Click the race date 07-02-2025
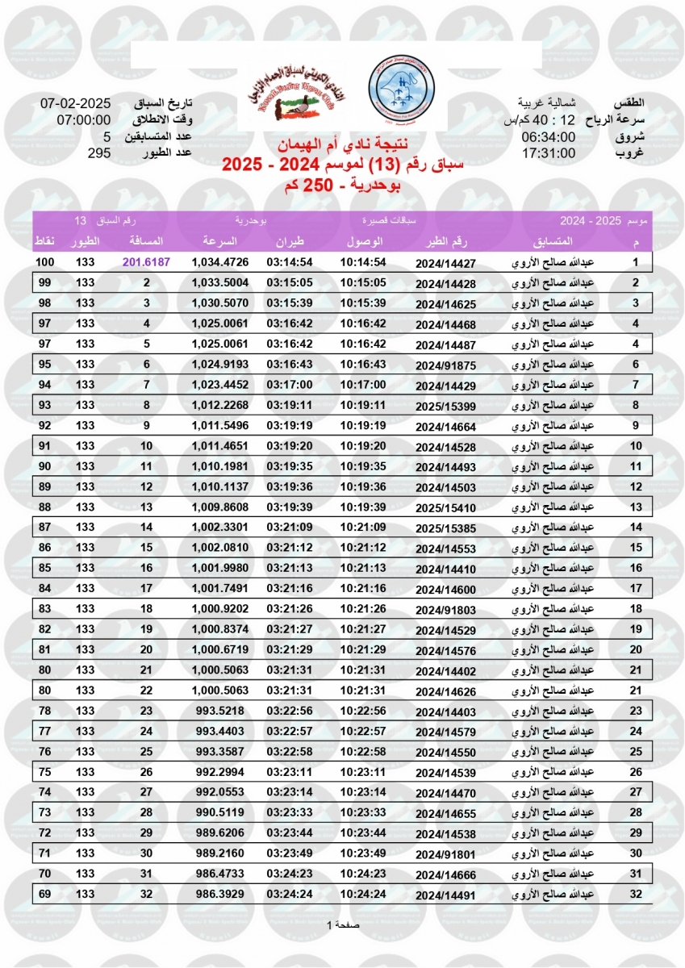pyautogui.click(x=75, y=104)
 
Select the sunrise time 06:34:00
pyautogui.click(x=548, y=137)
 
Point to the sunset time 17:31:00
pyautogui.click(x=548, y=153)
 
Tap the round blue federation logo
pyautogui.click(x=400, y=90)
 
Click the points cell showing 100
pyautogui.click(x=44, y=263)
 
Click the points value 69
pyautogui.click(x=44, y=894)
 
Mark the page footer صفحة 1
pyautogui.click(x=342, y=924)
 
